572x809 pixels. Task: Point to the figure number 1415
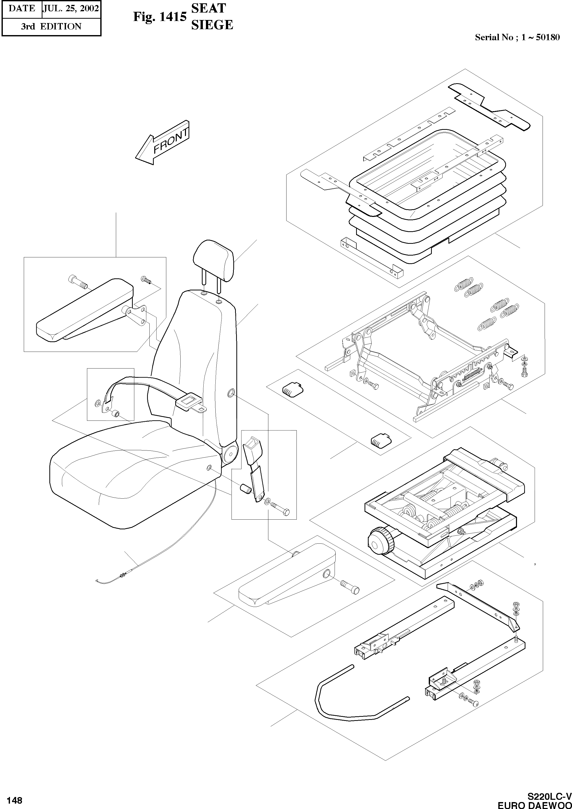(x=173, y=17)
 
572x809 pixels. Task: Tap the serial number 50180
(x=548, y=37)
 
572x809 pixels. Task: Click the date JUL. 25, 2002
(x=70, y=8)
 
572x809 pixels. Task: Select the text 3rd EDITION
(x=51, y=26)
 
